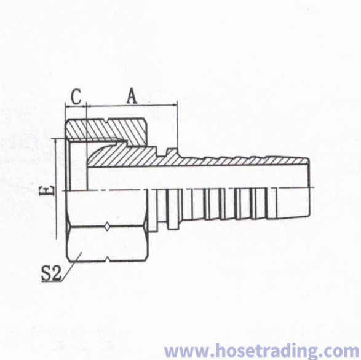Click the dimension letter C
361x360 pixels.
[x=76, y=96]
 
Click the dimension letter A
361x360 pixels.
[x=132, y=96]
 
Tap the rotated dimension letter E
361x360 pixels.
[x=49, y=190]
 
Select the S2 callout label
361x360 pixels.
[x=51, y=273]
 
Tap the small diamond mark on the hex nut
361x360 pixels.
[x=107, y=226]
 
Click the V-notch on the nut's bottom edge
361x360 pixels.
[x=107, y=260]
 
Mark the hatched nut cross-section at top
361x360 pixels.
[x=106, y=131]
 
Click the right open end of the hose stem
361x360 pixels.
[x=309, y=187]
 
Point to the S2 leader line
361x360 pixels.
[x=71, y=267]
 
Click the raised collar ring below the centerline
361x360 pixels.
[x=173, y=209]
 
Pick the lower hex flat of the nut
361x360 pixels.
[x=107, y=244]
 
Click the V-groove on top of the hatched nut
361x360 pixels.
[x=107, y=120]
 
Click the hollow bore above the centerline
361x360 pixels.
[x=198, y=178]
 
